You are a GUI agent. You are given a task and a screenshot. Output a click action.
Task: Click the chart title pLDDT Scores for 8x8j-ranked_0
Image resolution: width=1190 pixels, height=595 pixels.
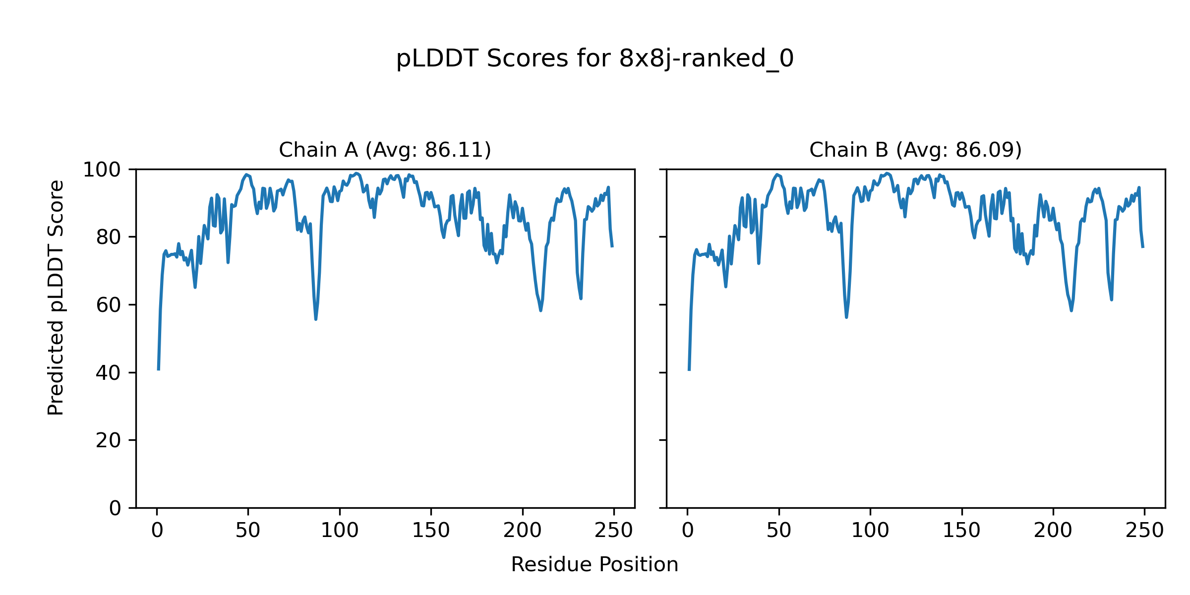tap(595, 59)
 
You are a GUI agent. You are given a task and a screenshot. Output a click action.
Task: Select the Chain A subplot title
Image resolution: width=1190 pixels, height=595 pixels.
tap(385, 150)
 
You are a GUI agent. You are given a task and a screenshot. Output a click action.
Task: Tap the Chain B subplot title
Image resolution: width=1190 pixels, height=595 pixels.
tap(915, 150)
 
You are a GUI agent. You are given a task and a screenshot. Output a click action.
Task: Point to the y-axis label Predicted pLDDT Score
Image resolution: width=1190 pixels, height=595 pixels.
tap(56, 297)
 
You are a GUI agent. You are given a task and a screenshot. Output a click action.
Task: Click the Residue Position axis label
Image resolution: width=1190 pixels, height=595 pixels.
tap(595, 565)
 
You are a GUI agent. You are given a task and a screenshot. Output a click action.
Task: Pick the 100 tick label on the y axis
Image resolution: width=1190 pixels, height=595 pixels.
tap(102, 170)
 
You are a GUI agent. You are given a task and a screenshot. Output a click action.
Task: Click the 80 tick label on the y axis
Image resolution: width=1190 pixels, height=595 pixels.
tap(109, 238)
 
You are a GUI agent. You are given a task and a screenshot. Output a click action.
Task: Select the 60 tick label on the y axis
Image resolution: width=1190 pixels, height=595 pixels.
tap(109, 305)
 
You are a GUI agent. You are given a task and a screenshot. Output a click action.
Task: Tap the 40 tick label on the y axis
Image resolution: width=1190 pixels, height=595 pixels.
tap(109, 373)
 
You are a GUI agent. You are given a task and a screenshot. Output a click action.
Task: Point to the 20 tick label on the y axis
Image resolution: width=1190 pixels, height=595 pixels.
tap(109, 440)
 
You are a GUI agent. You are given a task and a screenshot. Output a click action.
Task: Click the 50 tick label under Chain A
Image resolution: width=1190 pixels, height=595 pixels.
tap(248, 531)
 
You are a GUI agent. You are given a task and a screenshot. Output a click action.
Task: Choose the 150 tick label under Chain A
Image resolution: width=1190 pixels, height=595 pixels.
tap(431, 531)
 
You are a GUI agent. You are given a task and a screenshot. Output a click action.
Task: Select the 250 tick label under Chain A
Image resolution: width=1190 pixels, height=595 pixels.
tap(614, 531)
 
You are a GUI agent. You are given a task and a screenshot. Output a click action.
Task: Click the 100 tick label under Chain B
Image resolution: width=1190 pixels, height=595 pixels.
tap(870, 531)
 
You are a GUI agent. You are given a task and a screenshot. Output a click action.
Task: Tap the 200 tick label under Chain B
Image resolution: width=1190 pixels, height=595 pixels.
tap(1053, 531)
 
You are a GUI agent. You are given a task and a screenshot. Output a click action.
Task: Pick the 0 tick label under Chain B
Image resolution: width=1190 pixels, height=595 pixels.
tap(688, 531)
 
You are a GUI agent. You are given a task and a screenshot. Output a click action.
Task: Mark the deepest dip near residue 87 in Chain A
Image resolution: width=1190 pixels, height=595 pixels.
tap(316, 319)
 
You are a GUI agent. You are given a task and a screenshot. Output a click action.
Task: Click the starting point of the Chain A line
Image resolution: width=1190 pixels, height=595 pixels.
tap(158, 370)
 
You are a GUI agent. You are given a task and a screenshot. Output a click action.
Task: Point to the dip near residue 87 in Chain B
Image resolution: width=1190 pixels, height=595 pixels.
tap(846, 317)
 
